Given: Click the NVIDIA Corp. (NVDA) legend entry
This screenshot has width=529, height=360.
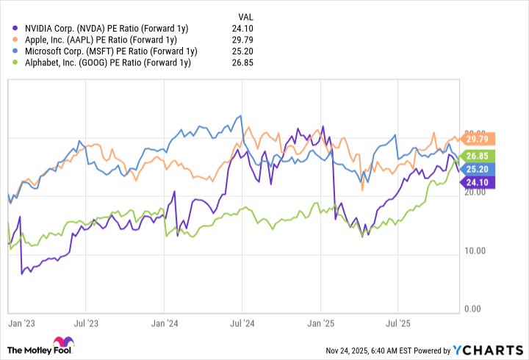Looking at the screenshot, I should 103,28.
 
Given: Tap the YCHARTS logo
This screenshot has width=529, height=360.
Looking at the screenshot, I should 494,348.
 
